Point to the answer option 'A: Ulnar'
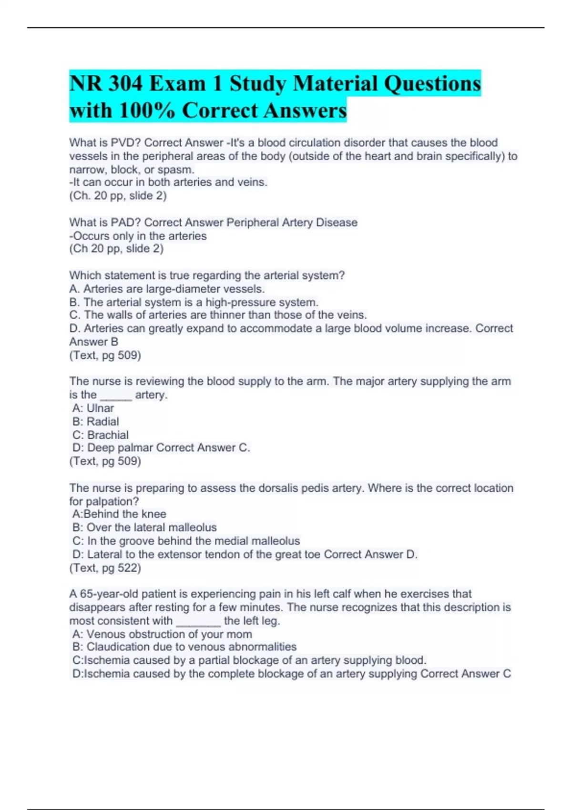point(93,408)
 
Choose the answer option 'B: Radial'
point(95,422)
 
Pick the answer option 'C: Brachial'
point(100,435)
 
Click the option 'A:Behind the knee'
point(119,514)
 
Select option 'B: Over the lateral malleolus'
point(144,527)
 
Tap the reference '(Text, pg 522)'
point(105,568)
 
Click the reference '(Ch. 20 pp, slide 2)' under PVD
point(118,196)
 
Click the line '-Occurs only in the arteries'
point(138,236)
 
